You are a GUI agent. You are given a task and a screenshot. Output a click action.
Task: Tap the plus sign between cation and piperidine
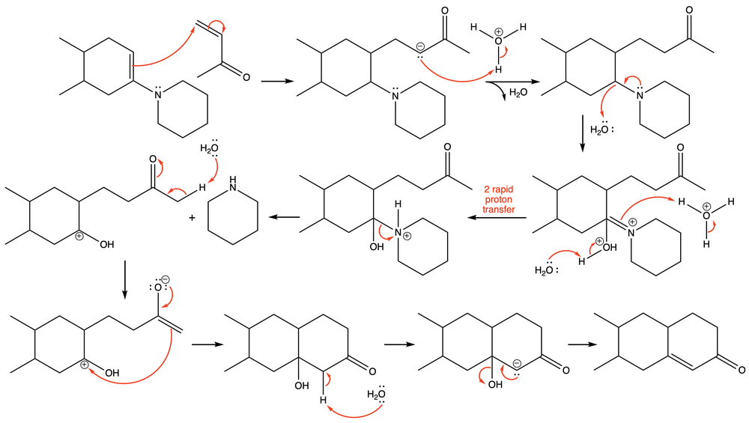pyautogui.click(x=192, y=218)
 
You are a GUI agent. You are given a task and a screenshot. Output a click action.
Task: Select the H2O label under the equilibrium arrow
pyautogui.click(x=518, y=93)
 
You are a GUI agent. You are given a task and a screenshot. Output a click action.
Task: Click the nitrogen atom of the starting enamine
pyautogui.click(x=158, y=95)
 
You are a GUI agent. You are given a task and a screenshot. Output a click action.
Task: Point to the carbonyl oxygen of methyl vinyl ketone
pyautogui.click(x=244, y=76)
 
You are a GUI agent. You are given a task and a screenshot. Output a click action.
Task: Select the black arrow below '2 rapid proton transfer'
pyautogui.click(x=498, y=217)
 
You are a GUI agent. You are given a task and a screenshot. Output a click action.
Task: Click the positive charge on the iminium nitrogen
pyautogui.click(x=631, y=222)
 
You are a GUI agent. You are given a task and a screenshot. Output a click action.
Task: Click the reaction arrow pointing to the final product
pyautogui.click(x=579, y=345)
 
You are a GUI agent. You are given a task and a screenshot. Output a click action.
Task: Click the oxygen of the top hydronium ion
pyautogui.click(x=499, y=41)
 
